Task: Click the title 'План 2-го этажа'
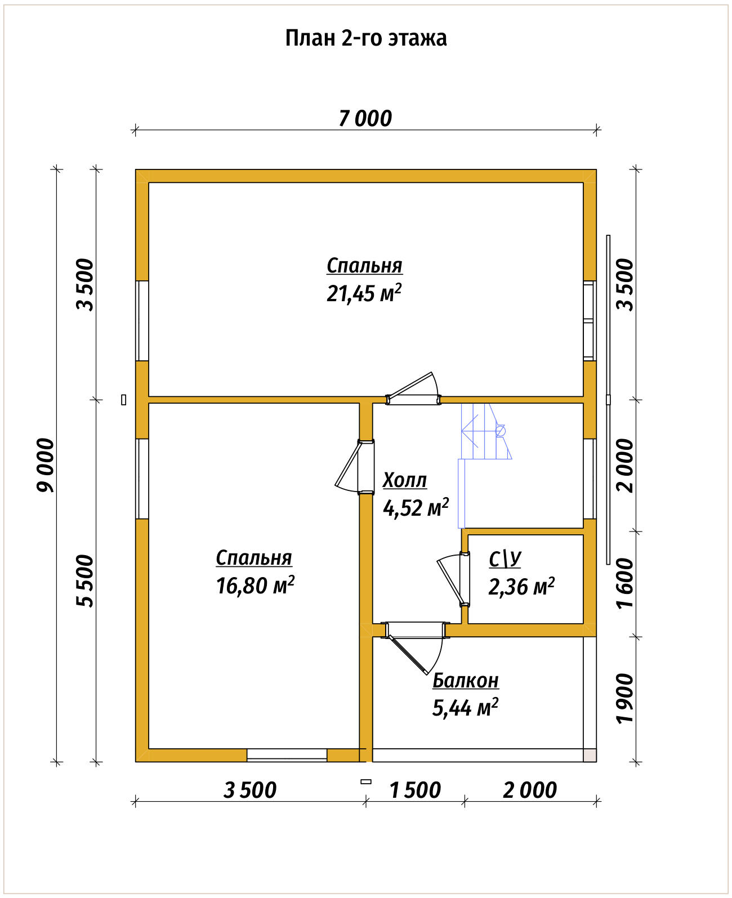[x=365, y=38]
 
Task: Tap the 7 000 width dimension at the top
[x=365, y=118]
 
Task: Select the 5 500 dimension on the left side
[x=85, y=581]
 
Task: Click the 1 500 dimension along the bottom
[x=415, y=790]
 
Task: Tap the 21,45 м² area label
[x=364, y=293]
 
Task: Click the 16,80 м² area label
[x=255, y=586]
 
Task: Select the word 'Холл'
[x=405, y=480]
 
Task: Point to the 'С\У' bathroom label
[x=505, y=560]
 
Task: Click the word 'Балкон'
[x=466, y=681]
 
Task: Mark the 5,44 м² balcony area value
[x=465, y=708]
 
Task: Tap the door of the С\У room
[x=454, y=580]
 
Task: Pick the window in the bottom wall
[x=287, y=755]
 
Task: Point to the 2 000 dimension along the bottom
[x=530, y=790]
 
